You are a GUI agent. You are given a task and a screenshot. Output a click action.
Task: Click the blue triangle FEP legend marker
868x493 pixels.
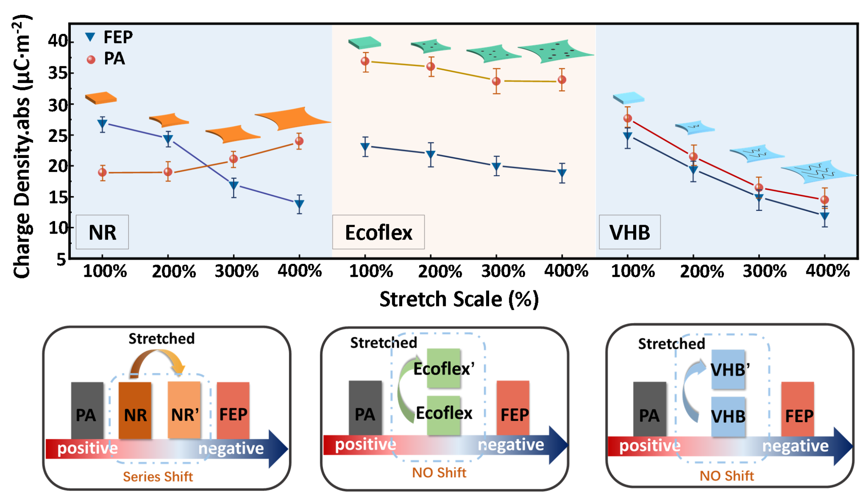click(x=90, y=37)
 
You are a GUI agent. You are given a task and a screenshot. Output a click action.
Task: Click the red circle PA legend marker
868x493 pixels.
click(x=91, y=60)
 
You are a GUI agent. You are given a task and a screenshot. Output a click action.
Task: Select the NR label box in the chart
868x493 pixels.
click(x=102, y=232)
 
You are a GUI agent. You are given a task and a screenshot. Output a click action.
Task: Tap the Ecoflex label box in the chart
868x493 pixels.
click(x=378, y=232)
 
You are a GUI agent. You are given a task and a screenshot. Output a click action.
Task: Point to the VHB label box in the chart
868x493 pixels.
click(x=629, y=232)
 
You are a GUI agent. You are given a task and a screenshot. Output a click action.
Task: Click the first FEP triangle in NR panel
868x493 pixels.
click(x=102, y=124)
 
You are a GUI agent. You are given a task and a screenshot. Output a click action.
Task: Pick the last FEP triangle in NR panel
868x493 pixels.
click(x=299, y=204)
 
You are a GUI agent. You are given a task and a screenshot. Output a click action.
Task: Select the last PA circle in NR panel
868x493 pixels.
click(x=299, y=141)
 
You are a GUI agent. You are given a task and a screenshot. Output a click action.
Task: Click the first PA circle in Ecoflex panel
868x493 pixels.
click(x=365, y=61)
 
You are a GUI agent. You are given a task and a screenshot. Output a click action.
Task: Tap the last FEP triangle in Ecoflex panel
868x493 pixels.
click(x=562, y=173)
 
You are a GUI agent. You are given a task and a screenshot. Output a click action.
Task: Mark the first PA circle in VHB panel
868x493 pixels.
click(x=628, y=118)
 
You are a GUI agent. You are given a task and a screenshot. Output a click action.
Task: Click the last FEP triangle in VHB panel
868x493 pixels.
click(x=825, y=216)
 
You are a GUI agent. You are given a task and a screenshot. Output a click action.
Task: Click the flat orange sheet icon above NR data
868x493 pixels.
click(x=101, y=98)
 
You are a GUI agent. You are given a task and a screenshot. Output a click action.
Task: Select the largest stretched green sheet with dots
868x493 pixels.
click(x=555, y=51)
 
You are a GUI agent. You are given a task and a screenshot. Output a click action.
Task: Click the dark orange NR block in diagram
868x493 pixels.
click(x=135, y=409)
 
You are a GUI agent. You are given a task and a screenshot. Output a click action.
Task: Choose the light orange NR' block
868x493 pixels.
click(x=184, y=409)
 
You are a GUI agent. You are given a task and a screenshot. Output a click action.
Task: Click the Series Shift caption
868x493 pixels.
click(x=158, y=477)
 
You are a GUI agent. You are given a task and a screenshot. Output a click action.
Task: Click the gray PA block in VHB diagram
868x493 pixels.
click(x=649, y=409)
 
